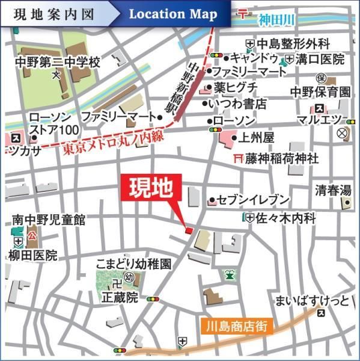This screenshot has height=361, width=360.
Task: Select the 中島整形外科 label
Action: [294, 43]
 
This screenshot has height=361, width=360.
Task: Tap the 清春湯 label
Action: [333, 192]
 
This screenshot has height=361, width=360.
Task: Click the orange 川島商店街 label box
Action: [237, 327]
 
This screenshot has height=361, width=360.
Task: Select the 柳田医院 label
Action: [34, 255]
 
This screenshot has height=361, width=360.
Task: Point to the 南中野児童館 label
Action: [49, 220]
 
